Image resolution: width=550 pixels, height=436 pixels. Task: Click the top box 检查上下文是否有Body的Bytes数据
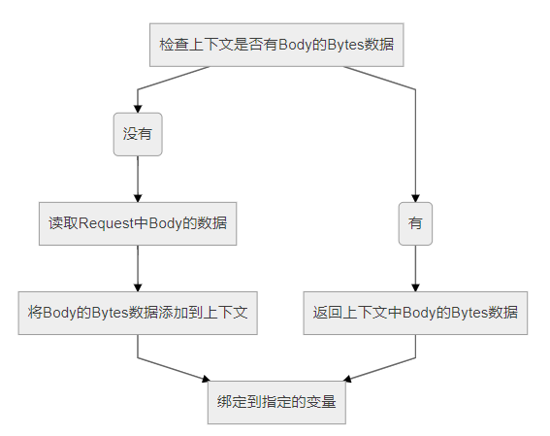pyautogui.click(x=276, y=45)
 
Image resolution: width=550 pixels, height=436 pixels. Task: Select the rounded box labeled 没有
pyautogui.click(x=138, y=134)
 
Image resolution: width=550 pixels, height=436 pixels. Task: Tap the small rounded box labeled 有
pyautogui.click(x=415, y=223)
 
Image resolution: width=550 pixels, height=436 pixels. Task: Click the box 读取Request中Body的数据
pyautogui.click(x=138, y=223)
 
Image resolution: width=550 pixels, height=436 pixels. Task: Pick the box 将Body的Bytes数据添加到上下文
pyautogui.click(x=138, y=313)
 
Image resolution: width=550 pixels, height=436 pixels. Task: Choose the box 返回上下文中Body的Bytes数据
pyautogui.click(x=415, y=313)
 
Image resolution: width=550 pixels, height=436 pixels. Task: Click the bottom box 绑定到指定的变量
pyautogui.click(x=276, y=402)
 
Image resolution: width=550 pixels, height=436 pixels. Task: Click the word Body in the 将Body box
pyautogui.click(x=59, y=313)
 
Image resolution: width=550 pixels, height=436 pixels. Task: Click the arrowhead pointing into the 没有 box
pyautogui.click(x=138, y=109)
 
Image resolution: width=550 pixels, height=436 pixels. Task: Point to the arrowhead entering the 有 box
pyautogui.click(x=416, y=198)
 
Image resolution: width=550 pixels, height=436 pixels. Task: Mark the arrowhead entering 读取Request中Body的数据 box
pyautogui.click(x=138, y=198)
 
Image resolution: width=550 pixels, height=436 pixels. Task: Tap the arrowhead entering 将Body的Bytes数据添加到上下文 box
pyautogui.click(x=138, y=287)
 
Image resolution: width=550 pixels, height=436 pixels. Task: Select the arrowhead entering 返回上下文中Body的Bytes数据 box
pyautogui.click(x=416, y=287)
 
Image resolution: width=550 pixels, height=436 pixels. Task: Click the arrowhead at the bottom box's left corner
pyautogui.click(x=207, y=379)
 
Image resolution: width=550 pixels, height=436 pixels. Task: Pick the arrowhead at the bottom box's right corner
pyautogui.click(x=347, y=379)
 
